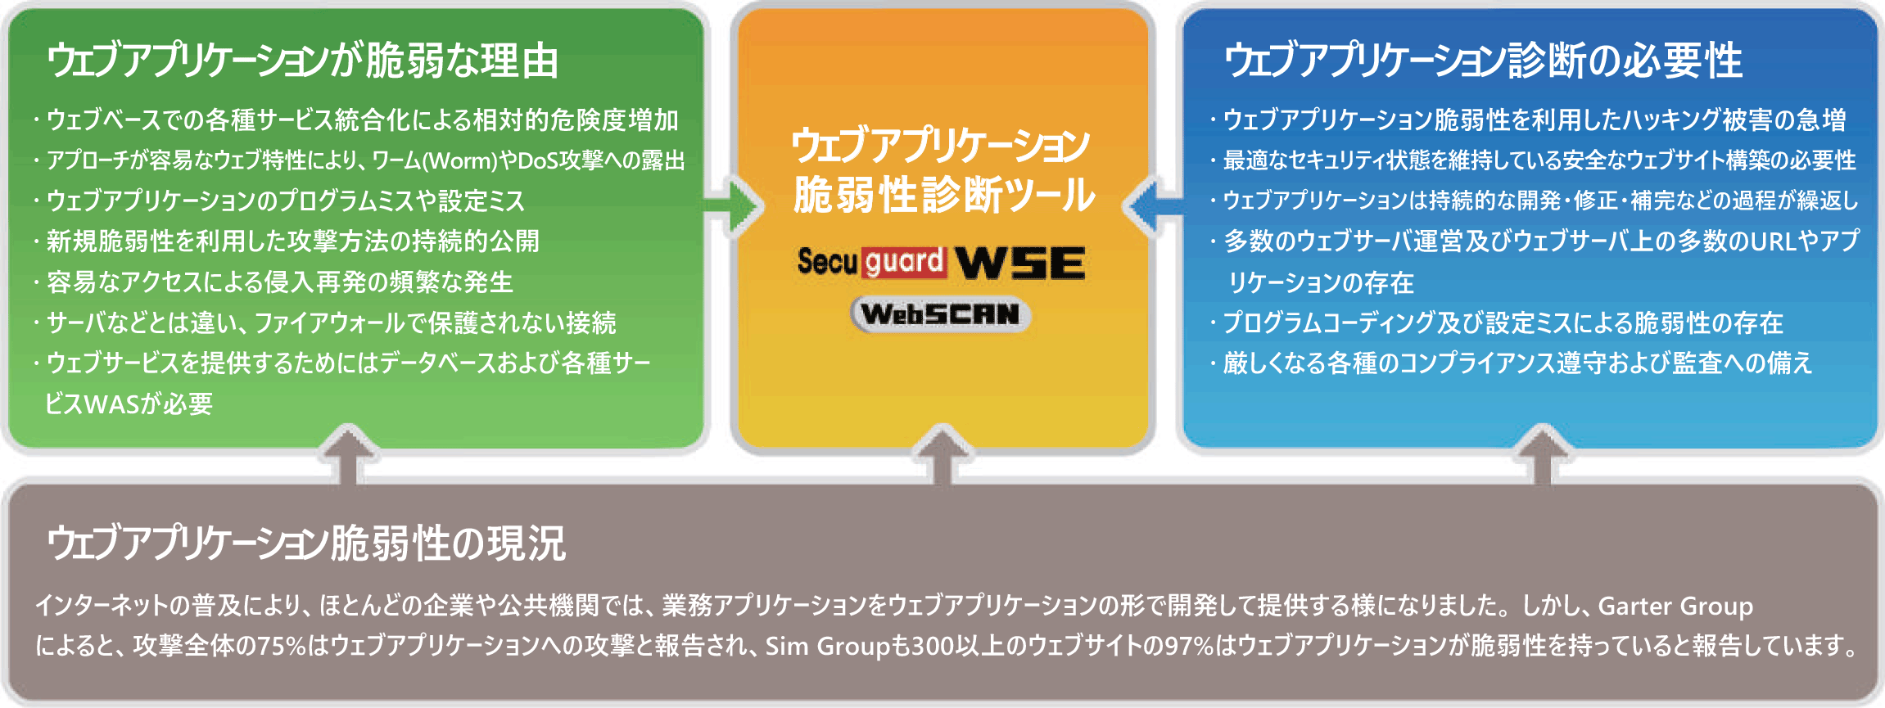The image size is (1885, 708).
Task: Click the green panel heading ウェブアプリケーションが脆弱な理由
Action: coord(302,61)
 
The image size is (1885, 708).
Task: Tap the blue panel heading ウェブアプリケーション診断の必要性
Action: coord(1482,61)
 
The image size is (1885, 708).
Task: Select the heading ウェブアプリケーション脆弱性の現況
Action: coord(305,543)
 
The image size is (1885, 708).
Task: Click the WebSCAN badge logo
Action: coord(940,314)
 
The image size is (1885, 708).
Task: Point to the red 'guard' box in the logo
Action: coord(904,263)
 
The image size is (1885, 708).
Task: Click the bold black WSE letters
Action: coord(1020,263)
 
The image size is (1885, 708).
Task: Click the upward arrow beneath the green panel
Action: coord(350,455)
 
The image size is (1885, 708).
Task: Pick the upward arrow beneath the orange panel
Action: coord(942,455)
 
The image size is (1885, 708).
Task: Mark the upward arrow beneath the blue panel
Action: coord(1543,455)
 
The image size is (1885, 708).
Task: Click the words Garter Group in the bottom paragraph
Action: coord(1675,606)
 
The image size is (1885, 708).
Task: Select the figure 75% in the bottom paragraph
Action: coord(281,646)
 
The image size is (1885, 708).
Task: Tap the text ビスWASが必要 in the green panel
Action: coord(129,404)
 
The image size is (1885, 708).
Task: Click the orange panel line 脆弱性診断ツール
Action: coord(943,195)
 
